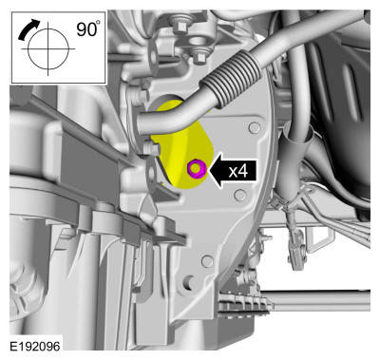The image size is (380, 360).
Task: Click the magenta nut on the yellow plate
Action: click(x=197, y=168)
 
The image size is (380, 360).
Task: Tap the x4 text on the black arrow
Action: click(x=237, y=171)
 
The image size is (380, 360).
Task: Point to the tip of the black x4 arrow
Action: click(x=207, y=171)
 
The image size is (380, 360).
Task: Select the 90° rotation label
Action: click(x=87, y=29)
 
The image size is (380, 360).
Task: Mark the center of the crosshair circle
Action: click(x=48, y=49)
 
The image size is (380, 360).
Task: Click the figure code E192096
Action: click(x=35, y=346)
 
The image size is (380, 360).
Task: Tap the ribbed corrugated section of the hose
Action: click(x=231, y=78)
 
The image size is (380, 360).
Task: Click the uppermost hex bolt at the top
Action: click(x=179, y=26)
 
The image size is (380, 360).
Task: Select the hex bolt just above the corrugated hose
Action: click(x=199, y=57)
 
